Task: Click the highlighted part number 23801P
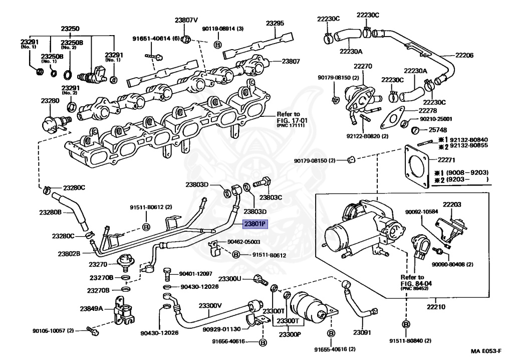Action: pyautogui.click(x=256, y=224)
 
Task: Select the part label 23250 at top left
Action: pyautogui.click(x=71, y=29)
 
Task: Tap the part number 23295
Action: pyautogui.click(x=275, y=23)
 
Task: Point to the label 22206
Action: pyautogui.click(x=464, y=55)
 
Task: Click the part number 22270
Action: pyautogui.click(x=363, y=66)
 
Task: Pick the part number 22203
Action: pyautogui.click(x=451, y=205)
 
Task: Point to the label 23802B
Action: pyautogui.click(x=69, y=254)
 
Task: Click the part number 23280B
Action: pyautogui.click(x=51, y=212)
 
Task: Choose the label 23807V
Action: pyautogui.click(x=186, y=20)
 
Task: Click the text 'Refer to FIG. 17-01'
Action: pyautogui.click(x=289, y=117)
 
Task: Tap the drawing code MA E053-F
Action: pyautogui.click(x=488, y=352)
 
